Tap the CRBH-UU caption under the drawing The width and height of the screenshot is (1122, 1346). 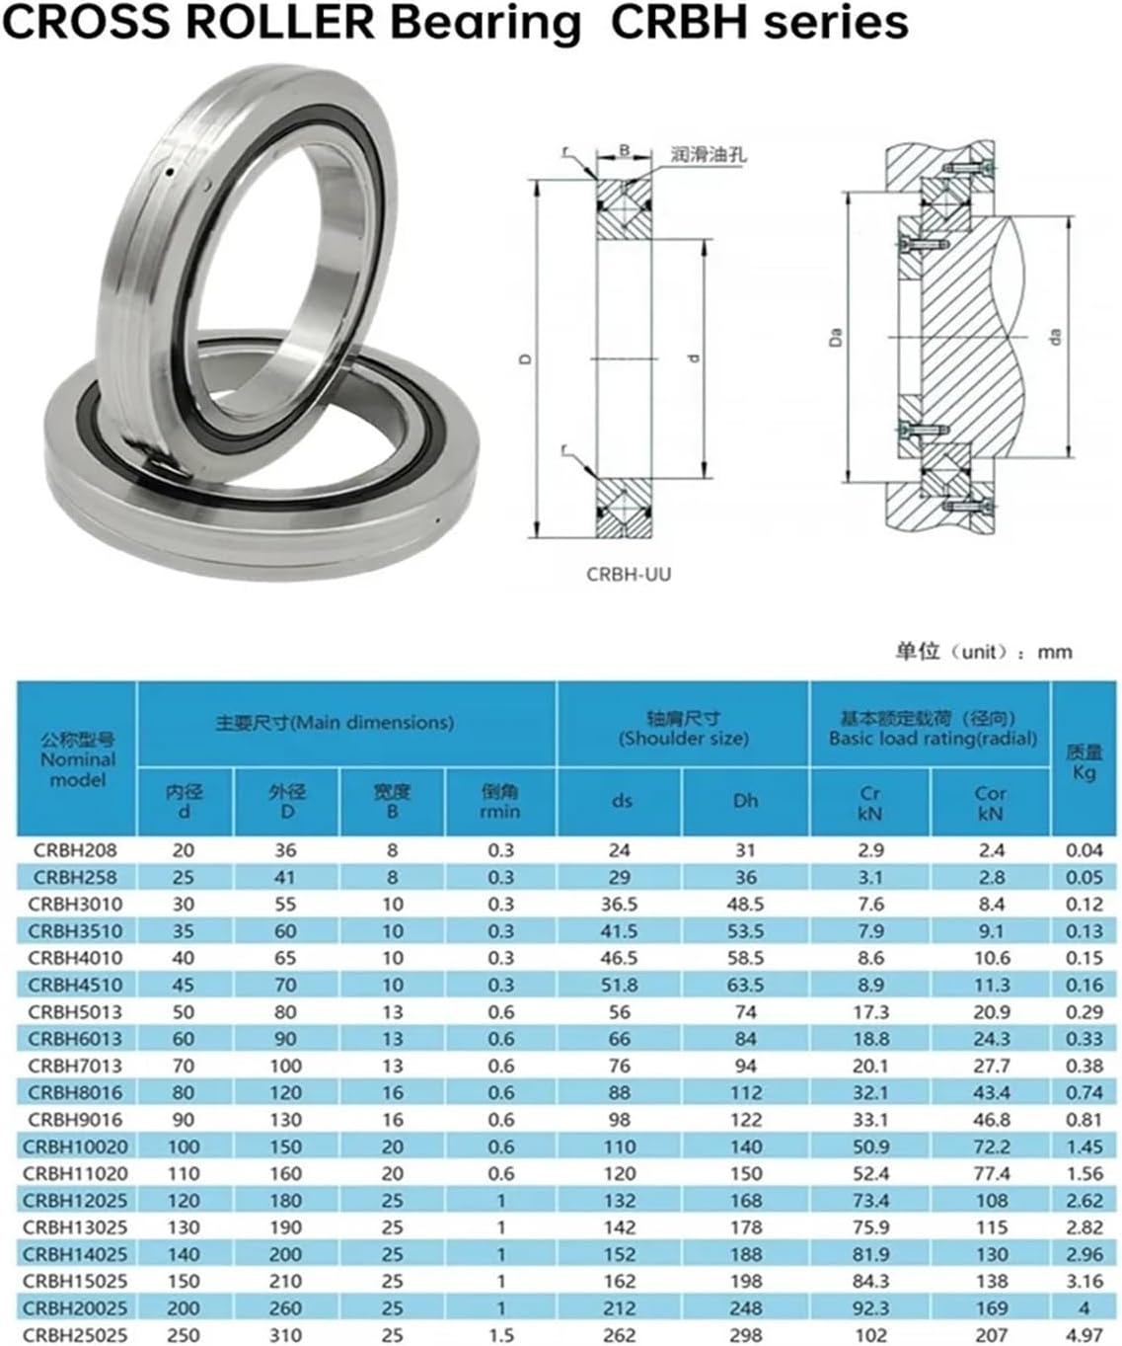[x=629, y=574]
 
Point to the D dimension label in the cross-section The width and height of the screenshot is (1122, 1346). [x=526, y=358]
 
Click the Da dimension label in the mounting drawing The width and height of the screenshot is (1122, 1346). [x=836, y=339]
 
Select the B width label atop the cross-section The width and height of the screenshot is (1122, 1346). [x=625, y=151]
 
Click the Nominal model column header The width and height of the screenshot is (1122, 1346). [x=77, y=759]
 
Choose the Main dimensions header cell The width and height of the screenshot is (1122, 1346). [x=335, y=723]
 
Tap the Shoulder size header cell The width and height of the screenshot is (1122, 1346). [x=683, y=729]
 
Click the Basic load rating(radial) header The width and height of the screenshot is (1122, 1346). [x=932, y=729]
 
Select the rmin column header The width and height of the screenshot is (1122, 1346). [x=499, y=802]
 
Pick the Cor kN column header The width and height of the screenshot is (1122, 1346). [x=990, y=803]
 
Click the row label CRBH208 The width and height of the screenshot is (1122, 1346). [x=75, y=850]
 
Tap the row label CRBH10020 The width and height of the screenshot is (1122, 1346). [x=75, y=1147]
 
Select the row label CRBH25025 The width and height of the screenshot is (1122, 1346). [x=75, y=1335]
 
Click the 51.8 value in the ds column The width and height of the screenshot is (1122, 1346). [x=620, y=985]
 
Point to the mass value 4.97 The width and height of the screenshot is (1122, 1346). [x=1085, y=1335]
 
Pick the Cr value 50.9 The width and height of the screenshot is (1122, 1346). [x=869, y=1147]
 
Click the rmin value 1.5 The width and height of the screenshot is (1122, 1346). [x=500, y=1335]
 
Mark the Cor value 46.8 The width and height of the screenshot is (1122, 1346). [x=991, y=1120]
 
